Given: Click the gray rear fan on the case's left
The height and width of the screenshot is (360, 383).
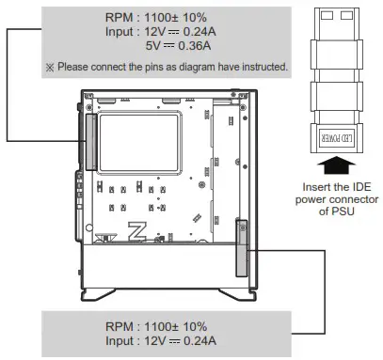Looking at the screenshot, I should click(90, 140).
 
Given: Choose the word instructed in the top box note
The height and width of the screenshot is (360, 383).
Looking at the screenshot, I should click(263, 68).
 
